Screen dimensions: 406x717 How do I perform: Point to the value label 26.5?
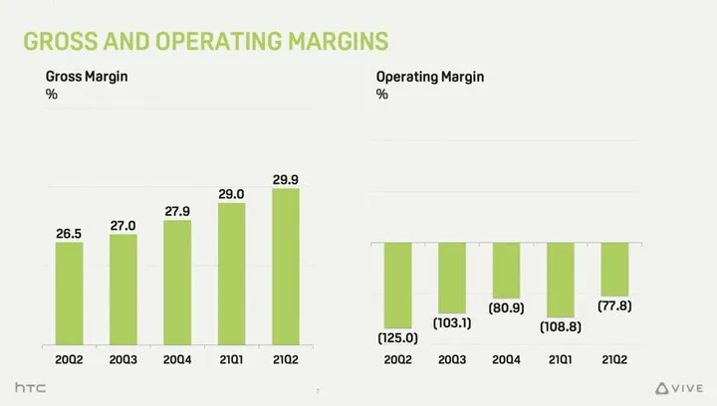(70, 233)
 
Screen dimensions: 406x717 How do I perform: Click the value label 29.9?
(286, 179)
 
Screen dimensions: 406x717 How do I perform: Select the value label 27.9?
(177, 211)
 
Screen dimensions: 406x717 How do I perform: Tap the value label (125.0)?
(396, 337)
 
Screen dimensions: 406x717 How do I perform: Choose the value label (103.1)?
(451, 323)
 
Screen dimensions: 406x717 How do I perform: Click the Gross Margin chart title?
(87, 77)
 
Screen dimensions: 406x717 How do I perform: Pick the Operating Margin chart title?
(430, 77)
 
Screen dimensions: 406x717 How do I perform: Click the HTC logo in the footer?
(33, 386)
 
